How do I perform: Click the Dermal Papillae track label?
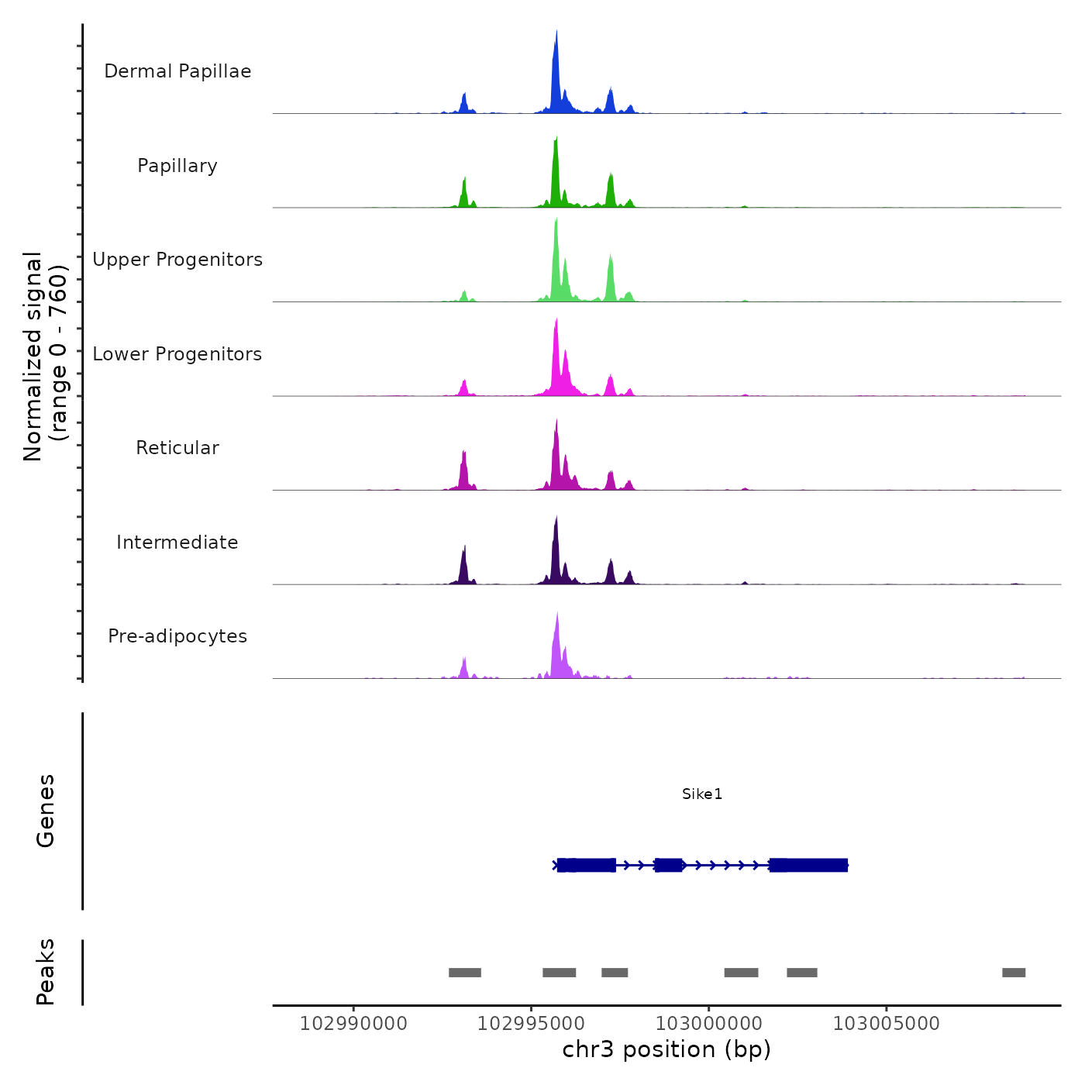(177, 71)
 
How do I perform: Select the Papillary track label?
(177, 166)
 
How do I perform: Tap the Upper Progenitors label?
(177, 260)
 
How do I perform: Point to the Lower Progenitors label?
(177, 354)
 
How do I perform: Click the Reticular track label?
(177, 448)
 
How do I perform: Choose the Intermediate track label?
(177, 542)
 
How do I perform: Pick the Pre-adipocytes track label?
(177, 636)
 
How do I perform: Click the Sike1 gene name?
(702, 794)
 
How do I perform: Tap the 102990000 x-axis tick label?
(353, 1024)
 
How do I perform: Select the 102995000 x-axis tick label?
(531, 1024)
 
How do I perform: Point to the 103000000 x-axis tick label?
(708, 1024)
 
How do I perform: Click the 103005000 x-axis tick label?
(886, 1024)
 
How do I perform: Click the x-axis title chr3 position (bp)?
(666, 1049)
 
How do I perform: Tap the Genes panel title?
(46, 811)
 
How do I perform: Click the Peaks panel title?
(46, 972)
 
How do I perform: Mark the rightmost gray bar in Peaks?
(1014, 973)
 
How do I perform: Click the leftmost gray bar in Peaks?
(465, 973)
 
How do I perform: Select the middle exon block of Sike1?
(668, 865)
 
